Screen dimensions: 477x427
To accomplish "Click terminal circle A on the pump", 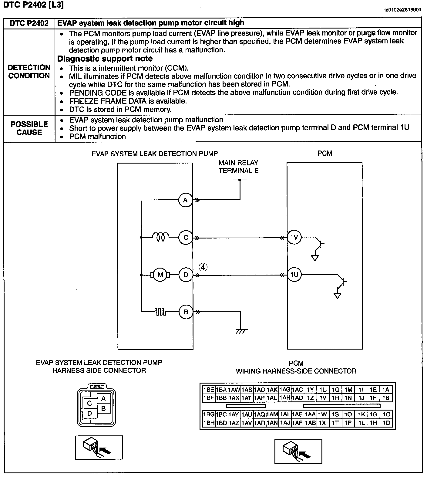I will point(186,200).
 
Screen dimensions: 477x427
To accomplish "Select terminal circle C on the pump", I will point(186,238).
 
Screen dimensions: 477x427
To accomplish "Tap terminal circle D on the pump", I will point(186,275).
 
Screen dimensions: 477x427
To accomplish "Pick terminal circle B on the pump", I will point(186,312).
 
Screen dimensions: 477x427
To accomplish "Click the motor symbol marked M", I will point(160,275).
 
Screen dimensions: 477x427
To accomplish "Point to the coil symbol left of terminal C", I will point(160,237).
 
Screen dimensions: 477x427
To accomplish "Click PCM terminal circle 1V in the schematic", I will point(294,238).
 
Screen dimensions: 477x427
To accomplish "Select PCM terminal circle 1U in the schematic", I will point(294,275).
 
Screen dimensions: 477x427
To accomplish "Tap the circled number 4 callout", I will point(203,267).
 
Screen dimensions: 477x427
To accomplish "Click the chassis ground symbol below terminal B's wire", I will point(241,331).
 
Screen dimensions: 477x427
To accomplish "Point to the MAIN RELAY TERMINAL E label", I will point(238,167).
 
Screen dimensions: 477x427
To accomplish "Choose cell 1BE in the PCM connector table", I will point(208,390).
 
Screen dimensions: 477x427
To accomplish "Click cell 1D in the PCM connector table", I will point(386,423).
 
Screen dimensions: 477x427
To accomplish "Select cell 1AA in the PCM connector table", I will point(310,414).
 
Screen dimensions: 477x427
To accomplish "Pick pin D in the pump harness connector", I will point(89,413).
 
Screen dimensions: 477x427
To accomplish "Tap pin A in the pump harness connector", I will point(103,399).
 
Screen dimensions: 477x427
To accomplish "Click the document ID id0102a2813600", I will point(402,10).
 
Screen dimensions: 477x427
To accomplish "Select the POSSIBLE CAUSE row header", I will point(29,128).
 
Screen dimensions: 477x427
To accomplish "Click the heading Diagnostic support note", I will point(105,59).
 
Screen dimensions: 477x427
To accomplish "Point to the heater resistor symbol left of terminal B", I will point(160,312).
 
